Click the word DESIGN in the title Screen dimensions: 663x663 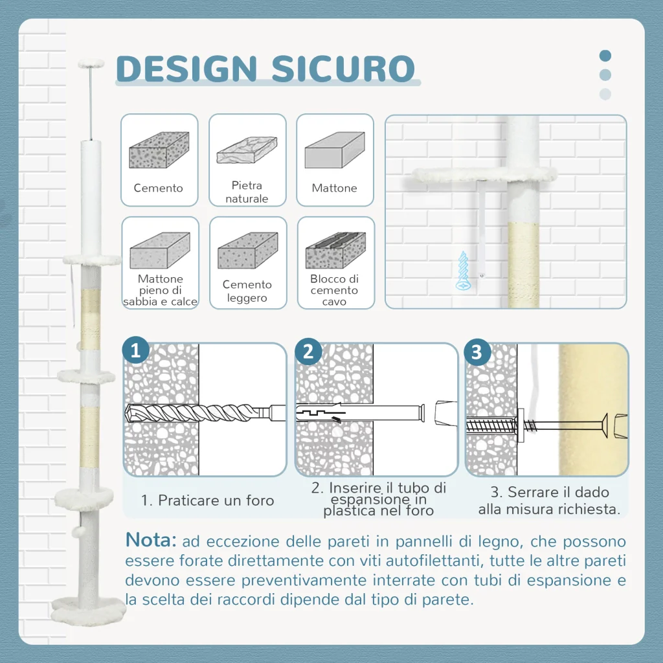[x=186, y=69]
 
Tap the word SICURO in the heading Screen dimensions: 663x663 [x=343, y=69]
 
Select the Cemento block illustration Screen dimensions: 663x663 [x=159, y=150]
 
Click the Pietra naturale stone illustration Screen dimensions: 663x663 [x=247, y=150]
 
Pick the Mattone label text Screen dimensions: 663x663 [x=335, y=188]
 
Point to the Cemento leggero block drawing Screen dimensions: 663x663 [x=248, y=251]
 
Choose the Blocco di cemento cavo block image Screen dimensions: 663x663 [x=336, y=251]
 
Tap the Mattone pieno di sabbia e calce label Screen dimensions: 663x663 [x=161, y=290]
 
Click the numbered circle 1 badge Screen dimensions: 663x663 [x=136, y=350]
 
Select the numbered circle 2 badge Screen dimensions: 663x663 [x=308, y=352]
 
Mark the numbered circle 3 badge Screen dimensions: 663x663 [x=477, y=352]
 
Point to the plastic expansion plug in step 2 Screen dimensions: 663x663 [x=321, y=412]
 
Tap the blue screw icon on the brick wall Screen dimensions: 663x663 [x=463, y=271]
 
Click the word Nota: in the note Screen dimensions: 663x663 [x=151, y=540]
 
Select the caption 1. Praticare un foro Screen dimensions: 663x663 [x=208, y=500]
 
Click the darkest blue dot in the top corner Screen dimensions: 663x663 [x=605, y=56]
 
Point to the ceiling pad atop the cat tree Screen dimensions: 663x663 [x=91, y=63]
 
